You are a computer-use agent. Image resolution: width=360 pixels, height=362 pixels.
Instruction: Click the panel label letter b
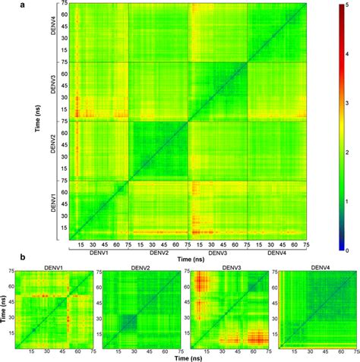pos(7,258)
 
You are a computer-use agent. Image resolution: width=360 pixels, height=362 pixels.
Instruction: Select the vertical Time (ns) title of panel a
pos(36,121)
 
